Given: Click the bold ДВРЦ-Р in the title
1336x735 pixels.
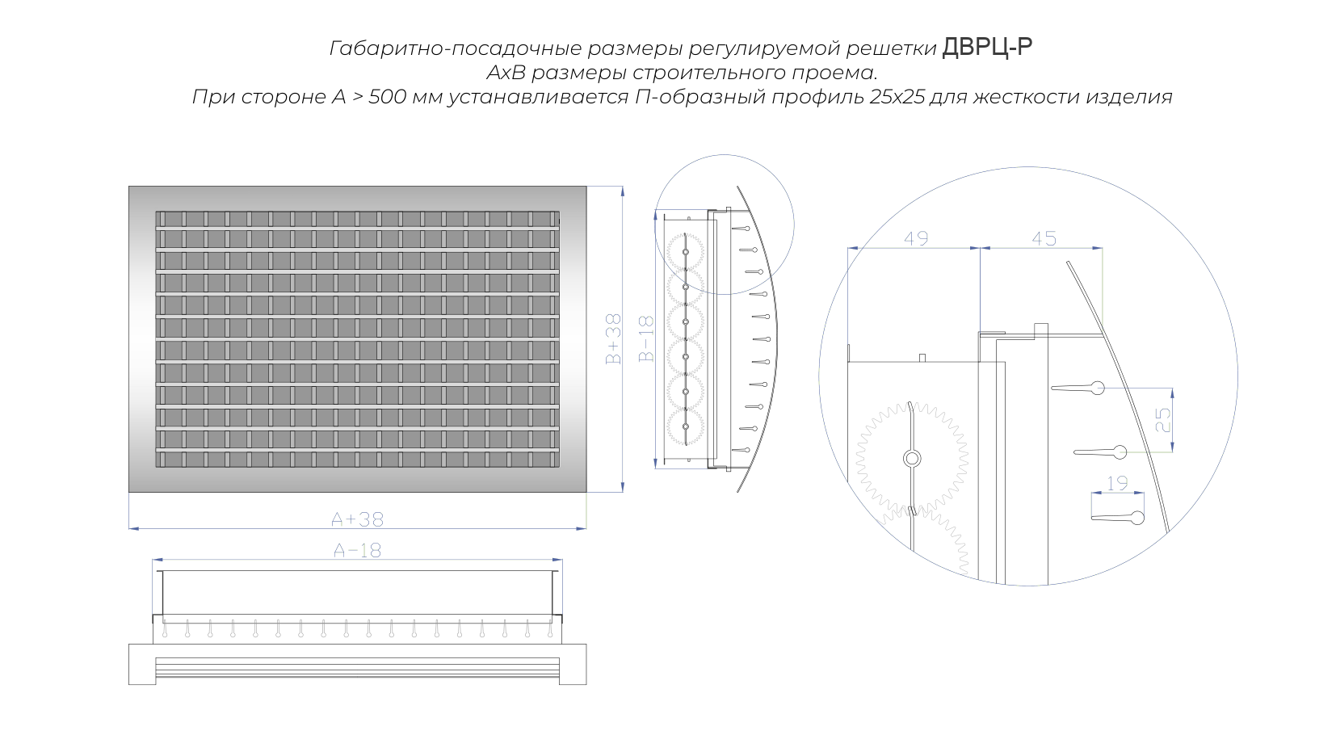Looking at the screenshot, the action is [x=987, y=47].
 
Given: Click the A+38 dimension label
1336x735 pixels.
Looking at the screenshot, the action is [x=357, y=519].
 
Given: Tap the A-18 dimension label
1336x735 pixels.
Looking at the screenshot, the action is [x=357, y=550].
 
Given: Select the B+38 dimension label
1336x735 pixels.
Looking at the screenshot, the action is [x=613, y=339].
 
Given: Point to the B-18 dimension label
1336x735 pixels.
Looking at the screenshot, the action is [x=646, y=339].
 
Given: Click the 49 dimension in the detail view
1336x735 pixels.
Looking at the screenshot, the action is [x=916, y=238].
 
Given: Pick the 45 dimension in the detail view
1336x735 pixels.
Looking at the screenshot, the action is [x=1044, y=238].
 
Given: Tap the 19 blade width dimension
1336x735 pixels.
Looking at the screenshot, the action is [x=1117, y=483].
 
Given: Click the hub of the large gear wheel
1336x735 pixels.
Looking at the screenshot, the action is [x=911, y=459].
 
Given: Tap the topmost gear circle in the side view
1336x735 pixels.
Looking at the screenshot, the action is [x=685, y=252].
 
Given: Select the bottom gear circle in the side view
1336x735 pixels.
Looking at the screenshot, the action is [x=685, y=426].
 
